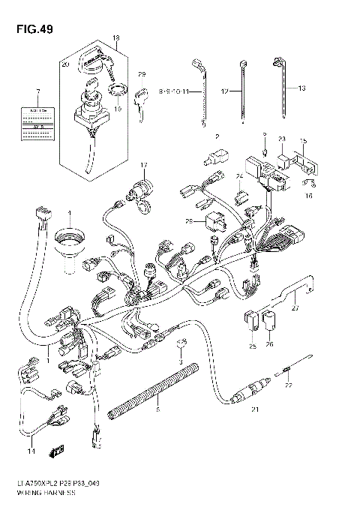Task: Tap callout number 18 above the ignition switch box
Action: pyautogui.click(x=115, y=37)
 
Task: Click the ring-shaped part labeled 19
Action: pyautogui.click(x=116, y=93)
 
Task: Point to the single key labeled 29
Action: pyautogui.click(x=140, y=100)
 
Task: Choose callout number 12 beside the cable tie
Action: pyautogui.click(x=226, y=90)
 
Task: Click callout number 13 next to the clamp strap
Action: pyautogui.click(x=302, y=88)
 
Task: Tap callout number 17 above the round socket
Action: pyautogui.click(x=143, y=164)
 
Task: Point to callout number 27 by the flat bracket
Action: pyautogui.click(x=295, y=307)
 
